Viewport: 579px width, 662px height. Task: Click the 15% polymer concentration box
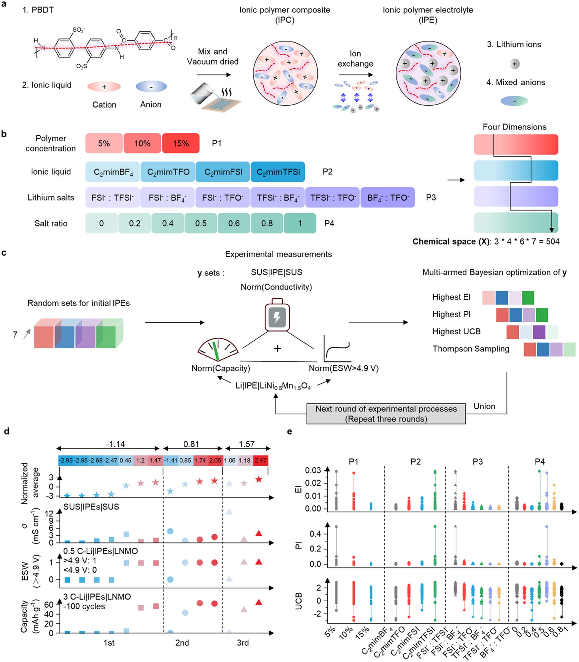[x=181, y=143]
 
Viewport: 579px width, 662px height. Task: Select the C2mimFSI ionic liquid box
[x=223, y=172]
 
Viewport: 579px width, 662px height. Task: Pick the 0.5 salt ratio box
[x=201, y=223]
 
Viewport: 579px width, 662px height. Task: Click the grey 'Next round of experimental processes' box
[x=386, y=414]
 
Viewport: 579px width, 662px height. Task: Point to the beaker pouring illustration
[x=215, y=97]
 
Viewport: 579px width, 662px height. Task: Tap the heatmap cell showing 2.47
[x=260, y=460]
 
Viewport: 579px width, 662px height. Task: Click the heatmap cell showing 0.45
[x=125, y=460]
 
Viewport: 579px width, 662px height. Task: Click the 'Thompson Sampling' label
[x=471, y=349]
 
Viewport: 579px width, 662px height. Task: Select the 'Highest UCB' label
[x=456, y=331]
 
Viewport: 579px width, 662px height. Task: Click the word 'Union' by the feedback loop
[x=484, y=406]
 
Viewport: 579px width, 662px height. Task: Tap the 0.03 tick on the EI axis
[x=313, y=470]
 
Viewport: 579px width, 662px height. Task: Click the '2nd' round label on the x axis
[x=182, y=643]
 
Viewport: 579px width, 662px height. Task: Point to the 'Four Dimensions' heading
[x=514, y=127]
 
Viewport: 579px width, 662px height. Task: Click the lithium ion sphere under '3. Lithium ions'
[x=514, y=64]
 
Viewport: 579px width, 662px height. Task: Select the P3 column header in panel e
[x=477, y=461]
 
